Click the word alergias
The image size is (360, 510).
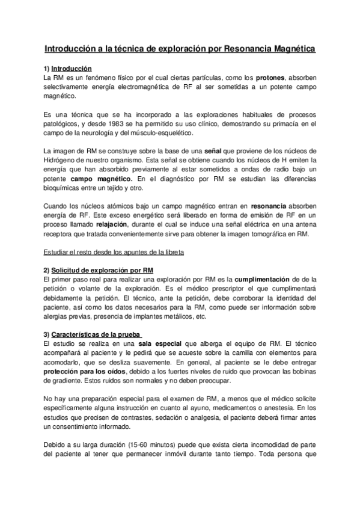(x=58, y=316)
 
